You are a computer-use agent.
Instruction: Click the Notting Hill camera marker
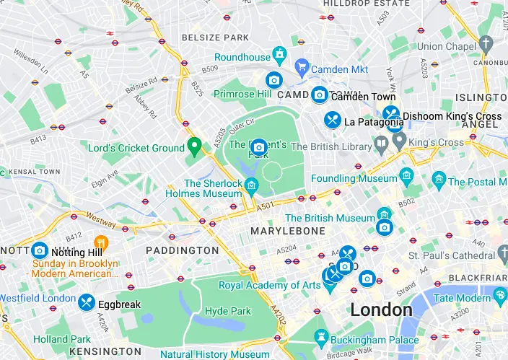40,250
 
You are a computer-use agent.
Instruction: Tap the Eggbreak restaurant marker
87,303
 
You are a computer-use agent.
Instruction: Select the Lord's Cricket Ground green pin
193,146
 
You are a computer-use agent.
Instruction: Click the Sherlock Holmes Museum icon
251,187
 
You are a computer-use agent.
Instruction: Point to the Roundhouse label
242,57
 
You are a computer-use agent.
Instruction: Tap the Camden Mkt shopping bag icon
302,69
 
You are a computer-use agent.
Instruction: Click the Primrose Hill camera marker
273,80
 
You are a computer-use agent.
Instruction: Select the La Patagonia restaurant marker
332,120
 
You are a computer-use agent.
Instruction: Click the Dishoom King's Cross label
452,116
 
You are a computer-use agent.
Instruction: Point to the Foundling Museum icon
406,175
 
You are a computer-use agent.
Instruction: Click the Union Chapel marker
486,45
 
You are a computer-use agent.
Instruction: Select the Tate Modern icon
500,296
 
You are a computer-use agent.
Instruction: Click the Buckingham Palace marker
321,337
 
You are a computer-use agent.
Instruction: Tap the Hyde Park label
227,311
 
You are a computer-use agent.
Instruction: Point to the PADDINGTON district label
182,250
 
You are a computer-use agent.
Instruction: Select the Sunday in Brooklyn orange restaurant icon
101,242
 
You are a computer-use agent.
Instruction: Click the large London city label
381,310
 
